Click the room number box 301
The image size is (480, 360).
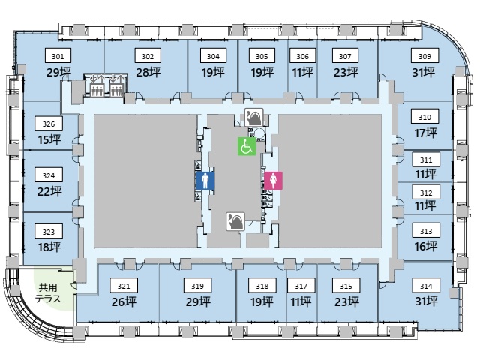coord(58,56)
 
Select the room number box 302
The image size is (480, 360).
coord(148,56)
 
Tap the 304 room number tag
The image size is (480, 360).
coord(214,56)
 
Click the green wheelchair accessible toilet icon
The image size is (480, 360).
coord(247,146)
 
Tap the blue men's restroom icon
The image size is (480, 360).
coord(206,181)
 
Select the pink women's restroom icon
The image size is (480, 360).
coord(273,181)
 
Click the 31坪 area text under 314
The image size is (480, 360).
coord(425,301)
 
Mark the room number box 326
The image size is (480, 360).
coord(49,124)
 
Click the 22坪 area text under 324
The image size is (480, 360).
coord(49,191)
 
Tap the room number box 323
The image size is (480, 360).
coord(49,232)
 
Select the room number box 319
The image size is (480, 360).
coord(198,286)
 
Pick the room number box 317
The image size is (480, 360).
coord(301,286)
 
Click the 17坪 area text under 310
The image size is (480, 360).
coord(425,133)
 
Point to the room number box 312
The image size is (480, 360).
coord(425,193)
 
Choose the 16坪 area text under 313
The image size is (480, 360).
coord(425,246)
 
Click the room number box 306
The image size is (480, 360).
coord(302,56)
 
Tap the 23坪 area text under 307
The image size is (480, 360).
coord(345,72)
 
